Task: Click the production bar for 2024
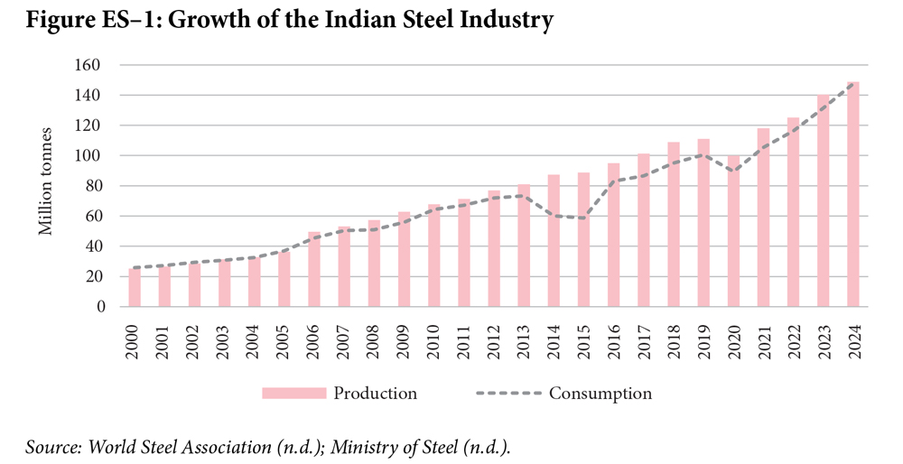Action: [853, 194]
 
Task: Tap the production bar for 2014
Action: [554, 240]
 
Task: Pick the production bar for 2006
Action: [314, 269]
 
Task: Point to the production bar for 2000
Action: [135, 287]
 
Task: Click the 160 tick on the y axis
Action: [88, 65]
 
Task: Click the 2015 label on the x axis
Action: [584, 342]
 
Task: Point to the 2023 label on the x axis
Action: [824, 342]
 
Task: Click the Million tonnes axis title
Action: [45, 181]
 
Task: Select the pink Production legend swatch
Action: [293, 394]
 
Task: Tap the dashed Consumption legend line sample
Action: [509, 394]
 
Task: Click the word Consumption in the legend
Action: [600, 394]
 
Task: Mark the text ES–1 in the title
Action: [131, 20]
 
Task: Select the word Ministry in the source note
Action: [362, 448]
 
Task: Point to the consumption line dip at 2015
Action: [583, 218]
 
